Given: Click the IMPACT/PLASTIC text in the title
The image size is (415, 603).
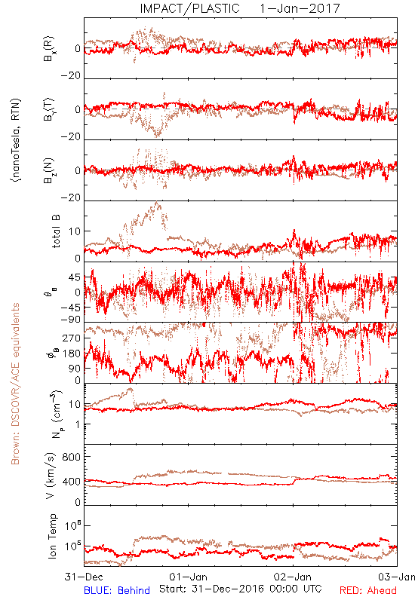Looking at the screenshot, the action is point(189,8).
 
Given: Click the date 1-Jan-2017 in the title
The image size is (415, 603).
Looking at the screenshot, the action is point(300,8).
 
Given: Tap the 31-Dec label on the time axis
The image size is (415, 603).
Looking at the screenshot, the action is point(84,577).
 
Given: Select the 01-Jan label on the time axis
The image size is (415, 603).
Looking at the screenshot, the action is point(188,577).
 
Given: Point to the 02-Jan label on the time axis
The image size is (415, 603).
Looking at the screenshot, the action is point(293,577).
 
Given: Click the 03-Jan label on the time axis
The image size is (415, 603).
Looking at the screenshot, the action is point(397,577).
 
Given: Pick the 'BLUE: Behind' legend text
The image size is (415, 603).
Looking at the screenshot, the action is point(117,590).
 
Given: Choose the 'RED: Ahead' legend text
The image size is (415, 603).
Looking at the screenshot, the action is point(367,590).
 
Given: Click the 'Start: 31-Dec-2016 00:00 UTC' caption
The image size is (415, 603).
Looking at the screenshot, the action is point(240,589).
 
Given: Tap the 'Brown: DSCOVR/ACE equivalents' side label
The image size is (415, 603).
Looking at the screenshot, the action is point(15,384).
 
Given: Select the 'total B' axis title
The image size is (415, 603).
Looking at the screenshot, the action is point(55,231).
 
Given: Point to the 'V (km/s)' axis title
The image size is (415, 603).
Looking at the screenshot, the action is point(51,476).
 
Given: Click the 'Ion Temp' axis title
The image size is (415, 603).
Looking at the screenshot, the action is point(52,536).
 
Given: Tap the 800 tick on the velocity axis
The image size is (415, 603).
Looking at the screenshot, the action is point(72,457).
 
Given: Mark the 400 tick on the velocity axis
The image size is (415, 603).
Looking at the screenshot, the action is point(72,482).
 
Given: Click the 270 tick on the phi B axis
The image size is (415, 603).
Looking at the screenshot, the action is point(72,338).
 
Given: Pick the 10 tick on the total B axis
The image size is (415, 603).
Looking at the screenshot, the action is point(75,231).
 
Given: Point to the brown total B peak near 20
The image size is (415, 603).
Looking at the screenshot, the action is point(156,203).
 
